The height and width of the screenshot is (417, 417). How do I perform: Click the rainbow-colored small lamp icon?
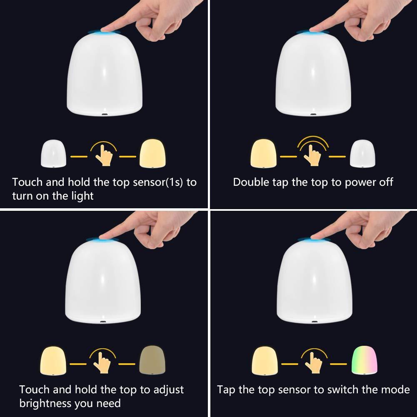point(364,360)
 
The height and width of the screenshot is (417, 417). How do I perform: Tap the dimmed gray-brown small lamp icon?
point(152,360)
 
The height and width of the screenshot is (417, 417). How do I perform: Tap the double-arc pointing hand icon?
point(313,151)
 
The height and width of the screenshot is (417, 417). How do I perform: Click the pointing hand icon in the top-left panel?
point(103,154)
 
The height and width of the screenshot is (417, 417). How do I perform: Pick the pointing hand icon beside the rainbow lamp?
point(314,361)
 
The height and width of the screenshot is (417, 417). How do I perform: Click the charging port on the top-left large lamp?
point(104,115)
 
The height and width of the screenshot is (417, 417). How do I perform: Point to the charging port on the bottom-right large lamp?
point(315,322)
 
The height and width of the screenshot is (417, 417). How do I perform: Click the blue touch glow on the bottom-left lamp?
point(102,239)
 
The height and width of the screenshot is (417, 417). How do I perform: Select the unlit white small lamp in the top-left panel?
point(53,154)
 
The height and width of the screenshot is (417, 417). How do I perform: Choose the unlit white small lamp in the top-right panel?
point(362,154)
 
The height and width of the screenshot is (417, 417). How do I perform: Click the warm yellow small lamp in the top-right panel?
point(264,153)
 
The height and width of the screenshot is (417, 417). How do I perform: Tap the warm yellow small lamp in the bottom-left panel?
point(53,361)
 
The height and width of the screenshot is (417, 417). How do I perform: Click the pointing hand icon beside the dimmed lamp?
point(102,361)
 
